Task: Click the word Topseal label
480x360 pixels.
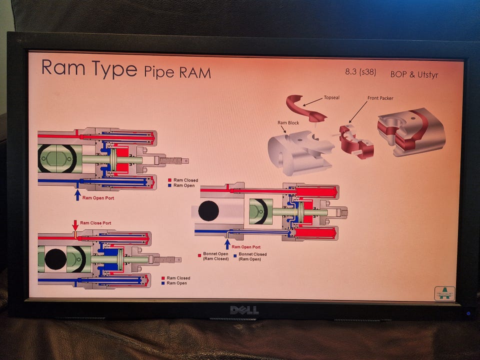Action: coord(331,97)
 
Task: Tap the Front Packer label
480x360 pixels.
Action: coord(380,98)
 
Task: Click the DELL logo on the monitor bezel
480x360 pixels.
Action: coord(244,310)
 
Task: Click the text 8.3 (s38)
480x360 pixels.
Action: coord(360,72)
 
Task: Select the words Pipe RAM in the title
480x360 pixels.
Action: coord(177,72)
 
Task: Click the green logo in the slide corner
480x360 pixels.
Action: coord(444,293)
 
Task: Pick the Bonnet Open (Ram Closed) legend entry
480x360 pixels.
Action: coord(215,256)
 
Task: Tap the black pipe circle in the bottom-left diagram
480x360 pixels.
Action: coord(55,259)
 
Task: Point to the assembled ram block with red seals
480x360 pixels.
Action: coord(410,131)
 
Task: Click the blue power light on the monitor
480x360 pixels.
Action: coord(468,313)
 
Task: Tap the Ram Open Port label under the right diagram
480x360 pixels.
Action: coord(246,247)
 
